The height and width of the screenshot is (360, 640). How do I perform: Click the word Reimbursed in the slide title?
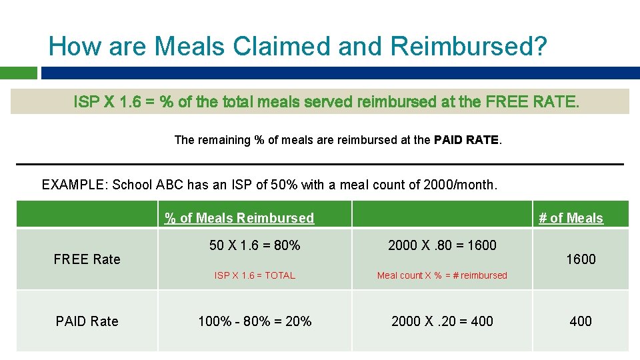[x=469, y=47]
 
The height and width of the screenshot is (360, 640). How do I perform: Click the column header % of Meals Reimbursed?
[x=239, y=218]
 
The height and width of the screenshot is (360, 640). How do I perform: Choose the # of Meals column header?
[x=571, y=218]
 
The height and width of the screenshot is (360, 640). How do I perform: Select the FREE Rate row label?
[x=87, y=259]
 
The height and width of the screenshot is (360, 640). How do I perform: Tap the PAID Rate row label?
[x=87, y=321]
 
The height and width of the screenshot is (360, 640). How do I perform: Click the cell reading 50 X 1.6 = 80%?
[x=255, y=245]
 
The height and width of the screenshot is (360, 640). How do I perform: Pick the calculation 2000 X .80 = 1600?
[x=442, y=245]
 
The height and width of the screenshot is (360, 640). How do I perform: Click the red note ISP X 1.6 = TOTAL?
[x=255, y=275]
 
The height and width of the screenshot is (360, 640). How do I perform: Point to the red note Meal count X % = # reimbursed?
[x=442, y=275]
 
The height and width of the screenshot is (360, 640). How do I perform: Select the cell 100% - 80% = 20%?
[x=255, y=321]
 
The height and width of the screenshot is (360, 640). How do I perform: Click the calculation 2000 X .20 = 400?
[x=442, y=321]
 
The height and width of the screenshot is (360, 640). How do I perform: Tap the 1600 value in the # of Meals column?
[x=581, y=259]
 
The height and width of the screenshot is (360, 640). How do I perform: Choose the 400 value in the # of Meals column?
[x=581, y=321]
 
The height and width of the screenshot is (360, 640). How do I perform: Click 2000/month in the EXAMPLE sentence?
[x=460, y=185]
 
